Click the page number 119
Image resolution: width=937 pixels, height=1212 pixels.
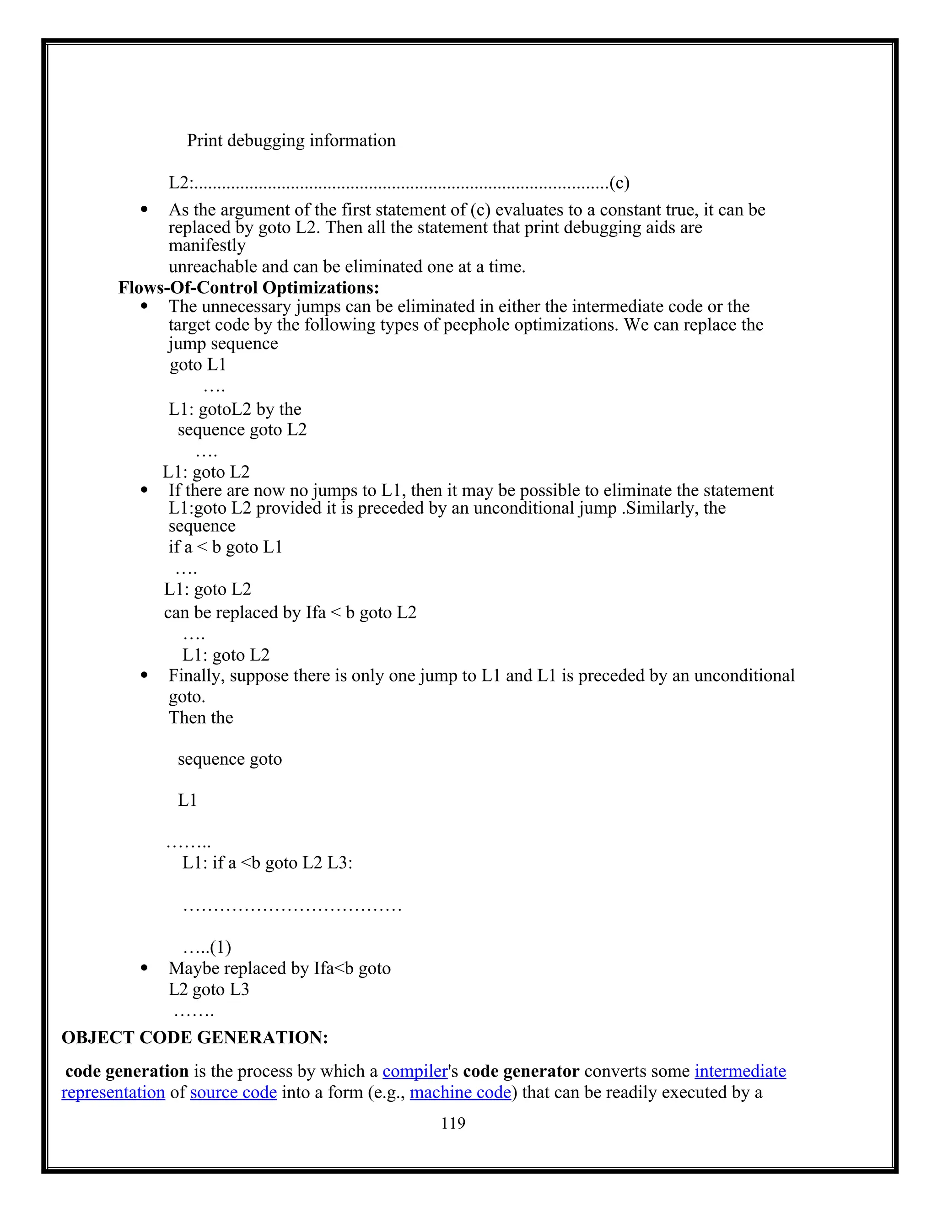(453, 1123)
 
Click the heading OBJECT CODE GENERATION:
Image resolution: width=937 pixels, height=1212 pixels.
(195, 1037)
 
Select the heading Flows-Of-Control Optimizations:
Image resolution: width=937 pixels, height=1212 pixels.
(249, 288)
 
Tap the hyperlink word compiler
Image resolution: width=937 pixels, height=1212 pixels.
(415, 1071)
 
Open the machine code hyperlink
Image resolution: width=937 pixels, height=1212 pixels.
(460, 1092)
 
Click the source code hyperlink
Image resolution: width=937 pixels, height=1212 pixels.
(233, 1092)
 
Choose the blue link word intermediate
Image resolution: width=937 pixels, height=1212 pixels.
(740, 1071)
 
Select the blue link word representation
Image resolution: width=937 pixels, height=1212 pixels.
(113, 1092)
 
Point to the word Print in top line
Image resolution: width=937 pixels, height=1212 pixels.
(204, 140)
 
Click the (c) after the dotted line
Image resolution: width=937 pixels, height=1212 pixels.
(619, 182)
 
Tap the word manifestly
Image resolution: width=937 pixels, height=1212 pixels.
(206, 245)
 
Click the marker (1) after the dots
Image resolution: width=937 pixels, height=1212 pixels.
(221, 947)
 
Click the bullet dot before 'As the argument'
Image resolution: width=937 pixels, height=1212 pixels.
(144, 210)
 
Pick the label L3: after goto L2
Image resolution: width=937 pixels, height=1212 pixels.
(340, 863)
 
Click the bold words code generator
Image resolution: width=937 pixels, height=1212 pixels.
(521, 1071)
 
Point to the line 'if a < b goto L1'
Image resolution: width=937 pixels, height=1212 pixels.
(226, 547)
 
